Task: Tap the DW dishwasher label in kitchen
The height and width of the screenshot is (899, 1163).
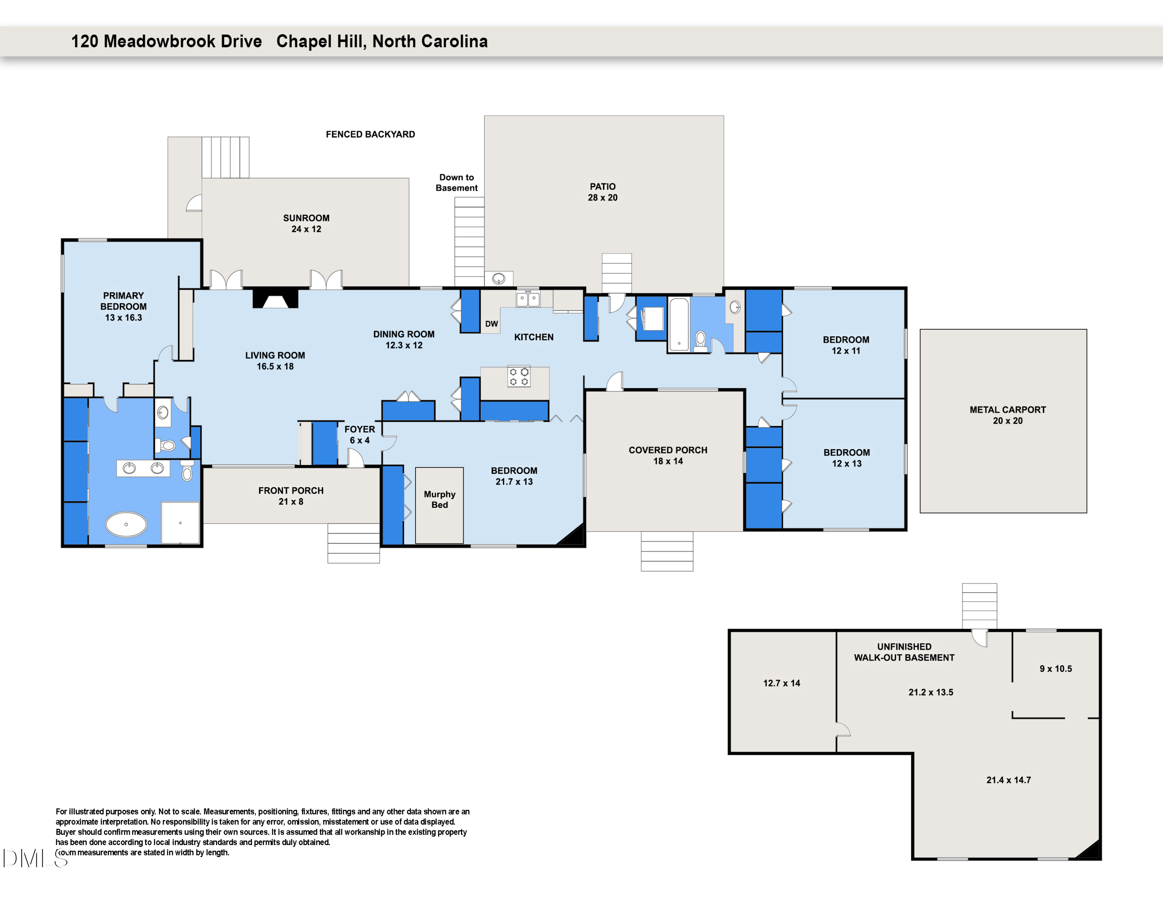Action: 491,324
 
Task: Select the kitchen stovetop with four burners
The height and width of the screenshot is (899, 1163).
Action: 519,377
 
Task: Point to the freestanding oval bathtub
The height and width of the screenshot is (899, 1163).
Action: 126,524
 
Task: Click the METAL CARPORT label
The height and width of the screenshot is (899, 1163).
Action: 1007,415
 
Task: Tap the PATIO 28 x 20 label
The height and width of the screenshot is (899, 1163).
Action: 602,192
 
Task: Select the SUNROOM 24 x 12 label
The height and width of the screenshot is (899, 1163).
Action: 306,223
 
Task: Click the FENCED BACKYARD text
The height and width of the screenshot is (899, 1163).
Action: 370,134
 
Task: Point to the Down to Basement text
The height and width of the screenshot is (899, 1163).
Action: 456,182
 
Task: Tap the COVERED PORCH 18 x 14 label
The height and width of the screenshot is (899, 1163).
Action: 668,455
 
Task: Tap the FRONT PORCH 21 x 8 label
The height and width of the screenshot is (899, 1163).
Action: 291,496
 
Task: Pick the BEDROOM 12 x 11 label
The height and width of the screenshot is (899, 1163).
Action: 846,344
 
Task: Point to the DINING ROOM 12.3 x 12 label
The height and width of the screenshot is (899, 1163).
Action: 404,339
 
